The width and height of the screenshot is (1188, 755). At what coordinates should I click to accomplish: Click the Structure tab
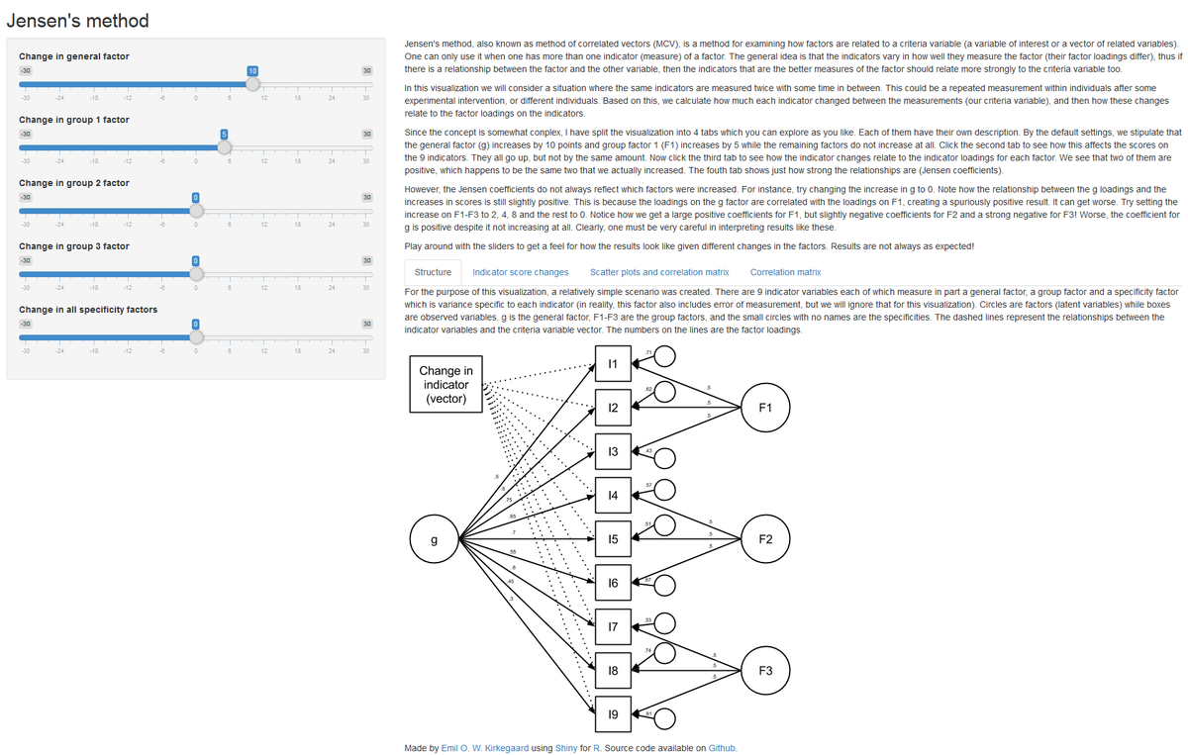433,271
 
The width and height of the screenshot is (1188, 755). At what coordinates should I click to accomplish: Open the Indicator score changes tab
521,271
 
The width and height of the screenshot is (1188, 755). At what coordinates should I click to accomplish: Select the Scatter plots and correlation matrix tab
659,271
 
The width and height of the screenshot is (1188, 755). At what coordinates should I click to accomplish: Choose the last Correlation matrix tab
785,271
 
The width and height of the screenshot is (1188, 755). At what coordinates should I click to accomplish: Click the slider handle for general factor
252,84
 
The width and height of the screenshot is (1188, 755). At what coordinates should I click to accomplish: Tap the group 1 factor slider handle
225,146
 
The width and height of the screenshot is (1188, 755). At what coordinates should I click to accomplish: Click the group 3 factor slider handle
196,273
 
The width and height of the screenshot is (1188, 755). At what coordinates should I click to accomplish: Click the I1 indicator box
613,364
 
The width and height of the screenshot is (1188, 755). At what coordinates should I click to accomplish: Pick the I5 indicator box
613,539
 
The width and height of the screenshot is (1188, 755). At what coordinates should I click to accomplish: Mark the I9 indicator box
613,714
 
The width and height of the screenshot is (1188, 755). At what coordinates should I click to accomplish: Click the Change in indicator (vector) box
445,384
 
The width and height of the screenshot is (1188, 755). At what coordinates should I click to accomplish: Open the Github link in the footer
723,748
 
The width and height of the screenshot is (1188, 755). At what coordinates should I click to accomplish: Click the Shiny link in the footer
575,748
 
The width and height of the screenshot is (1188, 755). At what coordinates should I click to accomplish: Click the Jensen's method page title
78,20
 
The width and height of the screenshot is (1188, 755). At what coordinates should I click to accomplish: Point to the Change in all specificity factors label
88,310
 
